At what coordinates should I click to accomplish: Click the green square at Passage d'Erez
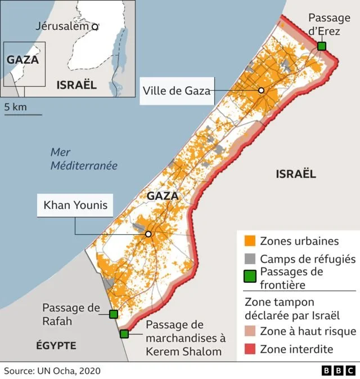321,46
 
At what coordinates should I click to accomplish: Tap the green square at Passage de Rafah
114,314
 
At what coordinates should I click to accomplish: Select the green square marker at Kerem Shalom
124,334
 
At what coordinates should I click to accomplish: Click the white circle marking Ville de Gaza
261,91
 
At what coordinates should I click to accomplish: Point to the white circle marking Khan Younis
148,234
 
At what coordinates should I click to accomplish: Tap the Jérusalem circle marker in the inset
95,26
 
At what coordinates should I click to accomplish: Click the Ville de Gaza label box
177,91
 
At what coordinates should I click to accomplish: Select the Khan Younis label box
75,205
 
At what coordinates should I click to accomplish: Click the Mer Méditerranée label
84,159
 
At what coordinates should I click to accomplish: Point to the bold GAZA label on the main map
163,196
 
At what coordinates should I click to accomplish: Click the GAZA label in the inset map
22,59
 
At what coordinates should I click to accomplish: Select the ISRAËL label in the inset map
76,85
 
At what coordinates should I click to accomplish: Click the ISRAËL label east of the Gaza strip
296,174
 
